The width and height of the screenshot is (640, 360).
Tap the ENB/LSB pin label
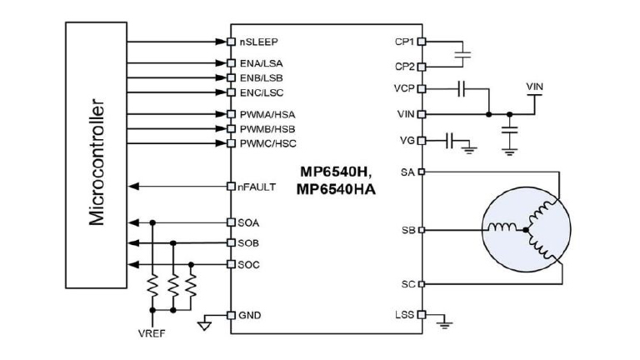click(255, 77)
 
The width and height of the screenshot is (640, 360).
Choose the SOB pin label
click(248, 243)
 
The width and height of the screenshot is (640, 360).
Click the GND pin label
click(249, 315)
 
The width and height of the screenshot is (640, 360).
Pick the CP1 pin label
click(403, 40)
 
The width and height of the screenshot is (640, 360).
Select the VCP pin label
click(402, 87)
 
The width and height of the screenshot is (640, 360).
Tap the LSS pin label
click(403, 315)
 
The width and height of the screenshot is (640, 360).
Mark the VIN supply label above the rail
click(537, 87)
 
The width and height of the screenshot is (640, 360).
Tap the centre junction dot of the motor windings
click(527, 229)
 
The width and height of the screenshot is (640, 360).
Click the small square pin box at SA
click(421, 172)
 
